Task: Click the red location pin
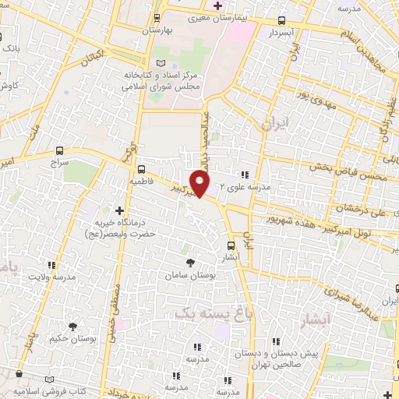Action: click(200, 184)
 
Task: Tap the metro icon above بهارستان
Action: click(158, 17)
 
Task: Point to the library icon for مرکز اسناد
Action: click(161, 63)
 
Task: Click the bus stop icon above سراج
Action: click(60, 150)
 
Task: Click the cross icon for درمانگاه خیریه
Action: click(119, 210)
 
